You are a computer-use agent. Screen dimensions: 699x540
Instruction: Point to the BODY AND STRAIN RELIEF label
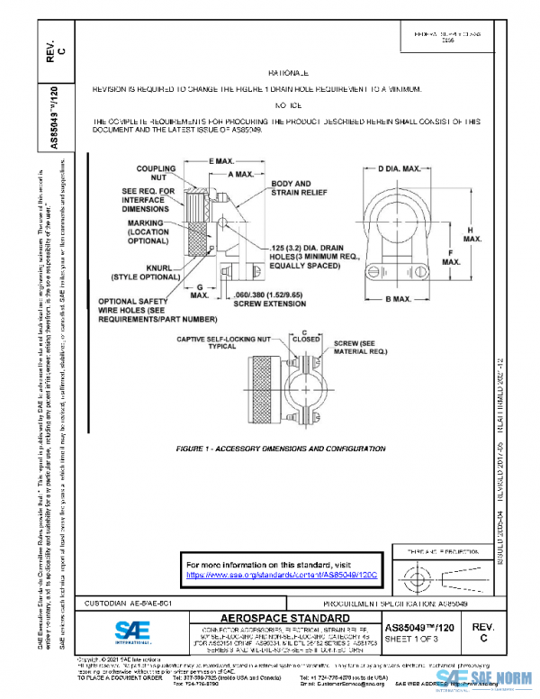coord(292,187)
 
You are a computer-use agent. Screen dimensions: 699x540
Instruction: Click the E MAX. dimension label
coord(209,159)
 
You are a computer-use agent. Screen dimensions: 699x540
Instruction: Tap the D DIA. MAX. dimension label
coord(400,168)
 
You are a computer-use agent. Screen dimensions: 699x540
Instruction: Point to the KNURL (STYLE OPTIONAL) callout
coord(146,271)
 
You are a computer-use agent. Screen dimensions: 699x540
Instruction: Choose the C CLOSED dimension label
coord(305,337)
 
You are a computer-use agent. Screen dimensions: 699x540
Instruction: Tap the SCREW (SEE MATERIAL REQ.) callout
coord(360,348)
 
